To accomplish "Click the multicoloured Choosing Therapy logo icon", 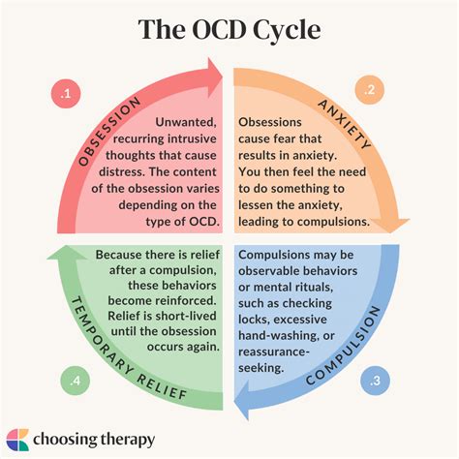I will pyautogui.click(x=20, y=439).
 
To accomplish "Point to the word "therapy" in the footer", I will pyautogui.click(x=123, y=439).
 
